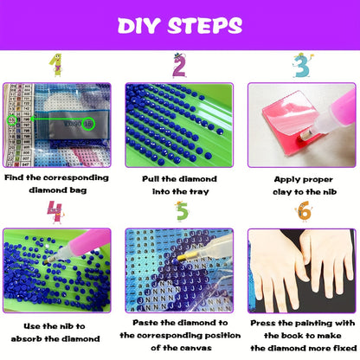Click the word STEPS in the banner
coord(205,26)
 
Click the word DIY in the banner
coord(138,26)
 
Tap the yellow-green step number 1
coord(55,65)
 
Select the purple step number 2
coord(179,66)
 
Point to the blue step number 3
coord(302,66)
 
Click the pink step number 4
coord(55,212)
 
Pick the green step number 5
coord(182,211)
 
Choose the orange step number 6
coord(304,211)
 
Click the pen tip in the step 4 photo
coord(47,260)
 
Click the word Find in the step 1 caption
coord(14,177)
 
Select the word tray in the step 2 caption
coord(199,192)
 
